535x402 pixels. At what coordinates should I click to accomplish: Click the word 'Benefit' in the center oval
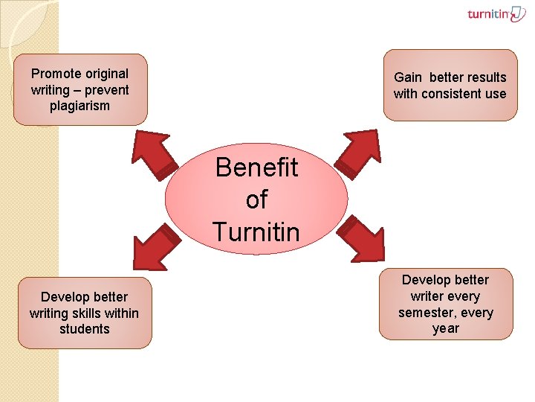[256, 167]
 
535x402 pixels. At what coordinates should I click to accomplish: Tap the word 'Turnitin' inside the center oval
[256, 232]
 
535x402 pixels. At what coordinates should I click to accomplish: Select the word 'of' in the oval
[256, 200]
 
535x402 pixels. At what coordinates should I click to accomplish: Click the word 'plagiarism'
[80, 106]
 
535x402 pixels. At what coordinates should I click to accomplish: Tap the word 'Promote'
[56, 74]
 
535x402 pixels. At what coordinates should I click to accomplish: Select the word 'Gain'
[407, 77]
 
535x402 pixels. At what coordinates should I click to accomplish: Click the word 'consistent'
[450, 94]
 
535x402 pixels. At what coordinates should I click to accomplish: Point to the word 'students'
[85, 329]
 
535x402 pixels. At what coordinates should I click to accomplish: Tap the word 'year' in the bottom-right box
[446, 328]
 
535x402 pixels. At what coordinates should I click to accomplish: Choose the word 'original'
[106, 74]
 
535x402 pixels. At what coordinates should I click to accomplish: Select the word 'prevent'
[106, 90]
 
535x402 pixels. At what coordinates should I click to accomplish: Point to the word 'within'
[122, 313]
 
